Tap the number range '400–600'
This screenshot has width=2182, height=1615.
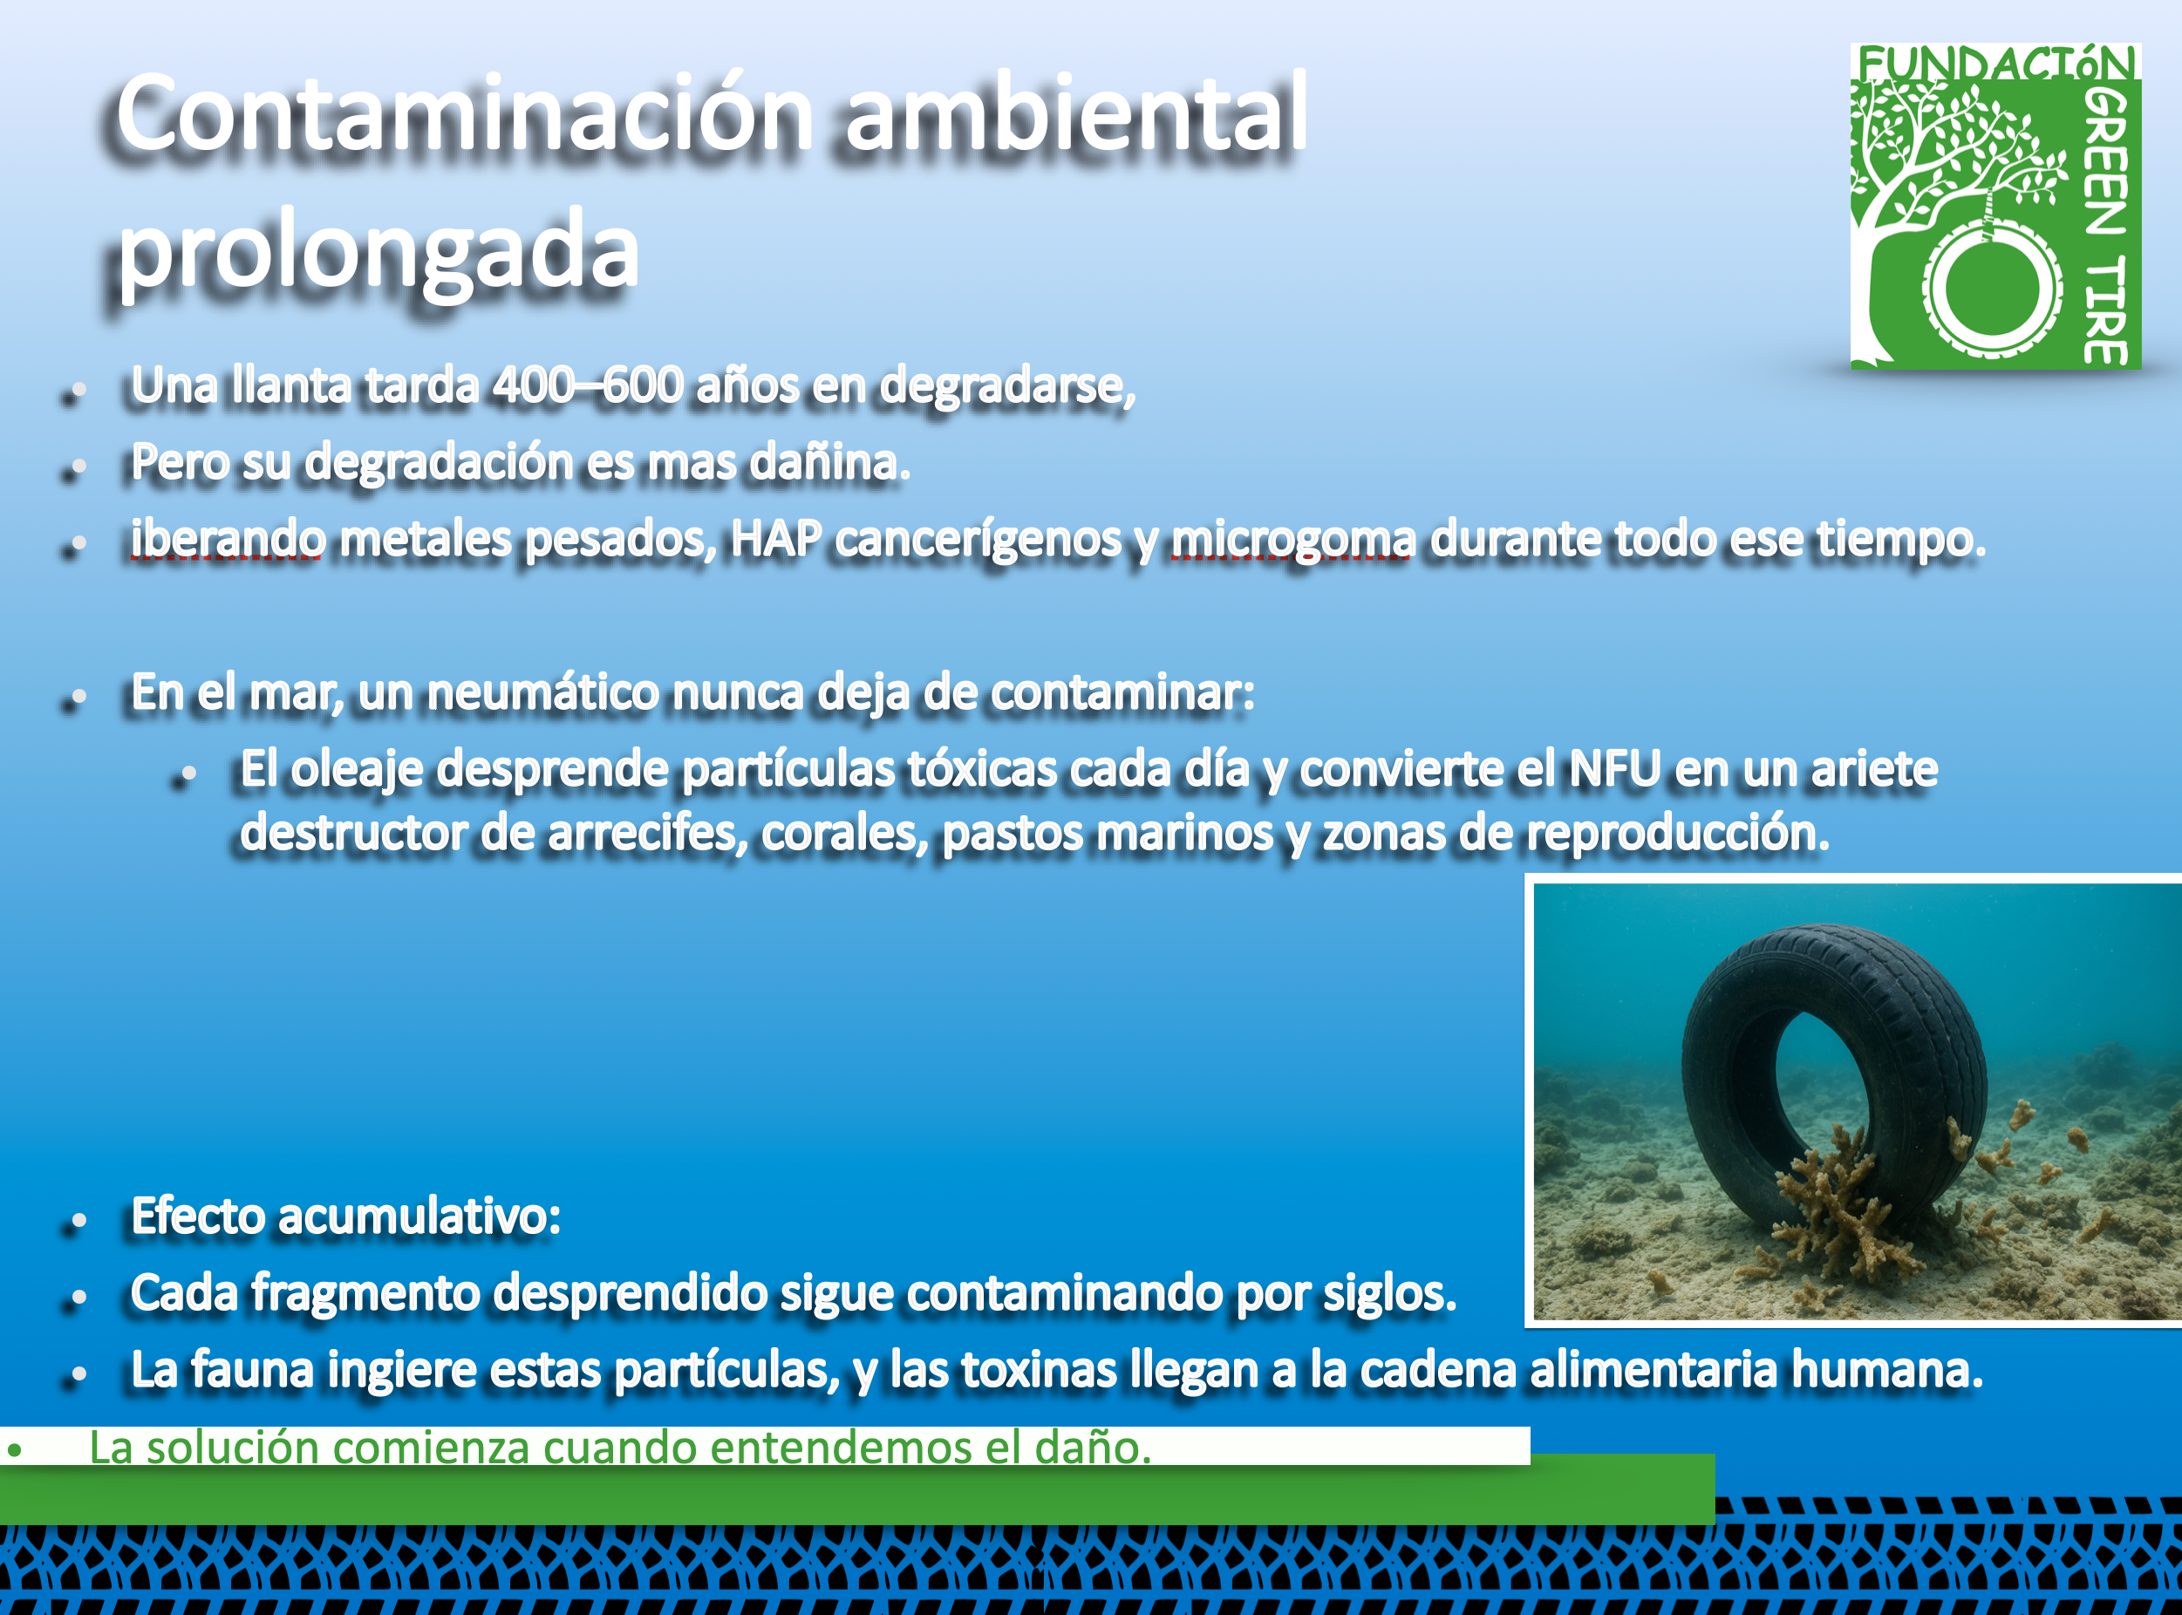pyautogui.click(x=588, y=385)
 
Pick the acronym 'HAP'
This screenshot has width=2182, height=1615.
pyautogui.click(x=776, y=538)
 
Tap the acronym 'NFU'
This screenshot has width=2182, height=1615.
pyautogui.click(x=1615, y=768)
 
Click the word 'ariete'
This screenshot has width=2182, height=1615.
pyautogui.click(x=1874, y=768)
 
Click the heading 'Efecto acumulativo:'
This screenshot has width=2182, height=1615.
pyautogui.click(x=346, y=1216)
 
